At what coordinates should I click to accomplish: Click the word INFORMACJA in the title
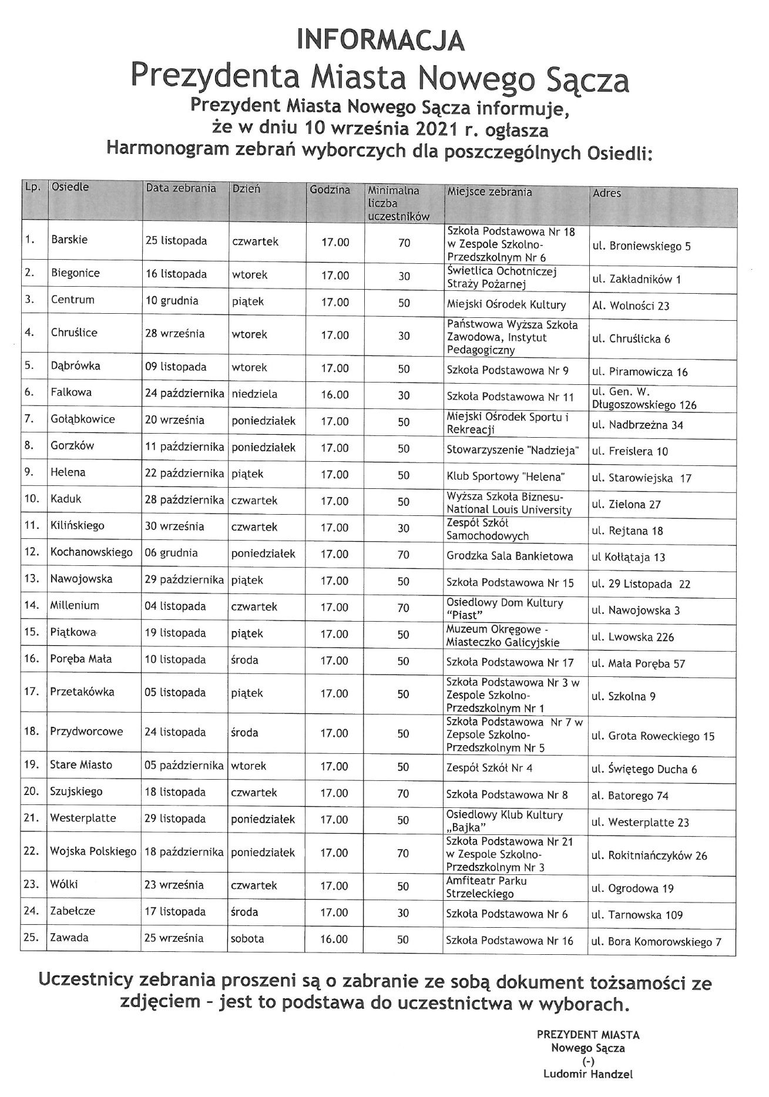pos(381,40)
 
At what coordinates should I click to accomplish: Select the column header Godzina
pos(330,190)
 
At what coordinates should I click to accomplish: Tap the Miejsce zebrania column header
pos(489,192)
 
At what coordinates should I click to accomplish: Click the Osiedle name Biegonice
pos(75,273)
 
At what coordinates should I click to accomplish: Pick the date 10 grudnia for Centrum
pos(172,301)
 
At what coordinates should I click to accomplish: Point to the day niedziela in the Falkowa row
pos(254,393)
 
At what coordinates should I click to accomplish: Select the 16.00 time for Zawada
pos(334,940)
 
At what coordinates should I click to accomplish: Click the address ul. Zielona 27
pos(626,504)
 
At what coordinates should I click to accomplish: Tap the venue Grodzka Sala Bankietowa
pos(509,556)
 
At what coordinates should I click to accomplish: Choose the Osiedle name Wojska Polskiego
pos(93,851)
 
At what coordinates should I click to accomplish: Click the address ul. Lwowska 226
pos(633,637)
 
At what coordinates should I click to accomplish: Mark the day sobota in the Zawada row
pos(247,938)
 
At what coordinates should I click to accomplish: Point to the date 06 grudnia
pos(171,553)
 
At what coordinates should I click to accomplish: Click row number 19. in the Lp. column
pos(31,765)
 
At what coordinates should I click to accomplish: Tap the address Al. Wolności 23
pos(630,306)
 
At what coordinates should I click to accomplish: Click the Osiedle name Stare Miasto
pos(80,765)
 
